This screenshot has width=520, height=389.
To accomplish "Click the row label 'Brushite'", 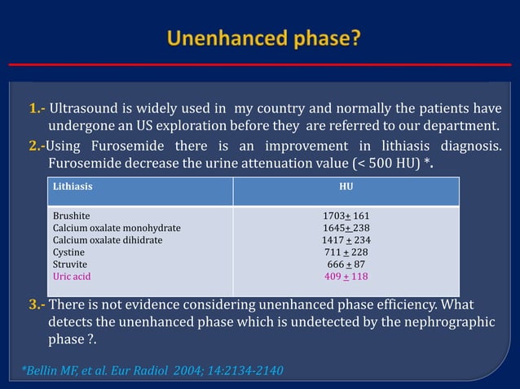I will [x=71, y=216].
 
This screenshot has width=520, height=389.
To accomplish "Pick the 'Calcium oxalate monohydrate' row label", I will [x=117, y=229].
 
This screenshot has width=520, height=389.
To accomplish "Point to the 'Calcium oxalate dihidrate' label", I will [x=108, y=241].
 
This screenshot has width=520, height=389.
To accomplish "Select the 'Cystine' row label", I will [x=69, y=253].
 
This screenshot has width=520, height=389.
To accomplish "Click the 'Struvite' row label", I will [x=70, y=264].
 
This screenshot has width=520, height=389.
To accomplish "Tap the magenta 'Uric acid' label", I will [x=72, y=277].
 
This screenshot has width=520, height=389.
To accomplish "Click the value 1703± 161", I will [x=346, y=216].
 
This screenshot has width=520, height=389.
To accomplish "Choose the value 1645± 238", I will [x=346, y=229].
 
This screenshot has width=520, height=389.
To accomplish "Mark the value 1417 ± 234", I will [x=346, y=241].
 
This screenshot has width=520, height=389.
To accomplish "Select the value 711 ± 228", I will [x=346, y=253].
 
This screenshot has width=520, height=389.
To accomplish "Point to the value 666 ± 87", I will [x=346, y=264].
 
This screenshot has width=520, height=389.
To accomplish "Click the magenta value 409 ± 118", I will [x=346, y=277].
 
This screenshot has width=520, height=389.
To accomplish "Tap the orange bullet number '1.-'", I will [x=37, y=109].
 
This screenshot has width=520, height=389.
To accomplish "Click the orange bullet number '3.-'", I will [x=37, y=305].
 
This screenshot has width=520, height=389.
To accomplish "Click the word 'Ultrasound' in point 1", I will [x=85, y=109].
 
